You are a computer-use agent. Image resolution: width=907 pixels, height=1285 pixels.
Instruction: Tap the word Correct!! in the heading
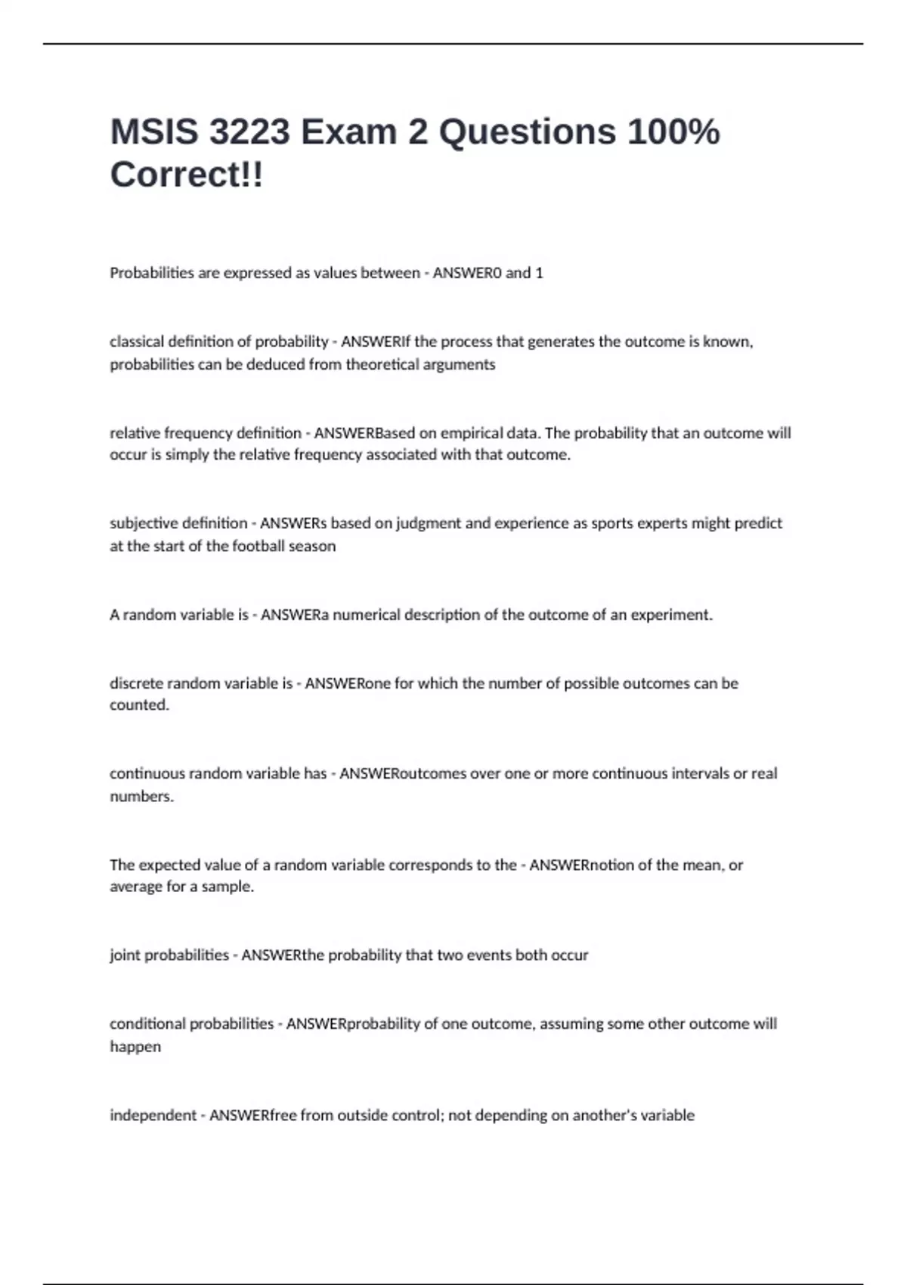187,175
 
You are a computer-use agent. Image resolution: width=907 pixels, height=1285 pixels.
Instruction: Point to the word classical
135,342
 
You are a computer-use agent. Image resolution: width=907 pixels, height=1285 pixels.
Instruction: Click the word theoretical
382,364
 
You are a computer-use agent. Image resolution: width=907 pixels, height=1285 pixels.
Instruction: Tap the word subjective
141,523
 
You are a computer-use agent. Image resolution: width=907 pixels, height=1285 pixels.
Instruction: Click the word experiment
672,615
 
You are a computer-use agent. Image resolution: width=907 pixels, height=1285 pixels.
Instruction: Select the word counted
139,705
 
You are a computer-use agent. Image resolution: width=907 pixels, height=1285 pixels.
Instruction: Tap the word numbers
141,796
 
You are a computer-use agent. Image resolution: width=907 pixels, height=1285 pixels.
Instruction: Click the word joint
125,955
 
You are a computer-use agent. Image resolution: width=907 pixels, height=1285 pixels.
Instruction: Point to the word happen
135,1047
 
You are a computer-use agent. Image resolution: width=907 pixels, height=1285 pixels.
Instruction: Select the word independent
153,1115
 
